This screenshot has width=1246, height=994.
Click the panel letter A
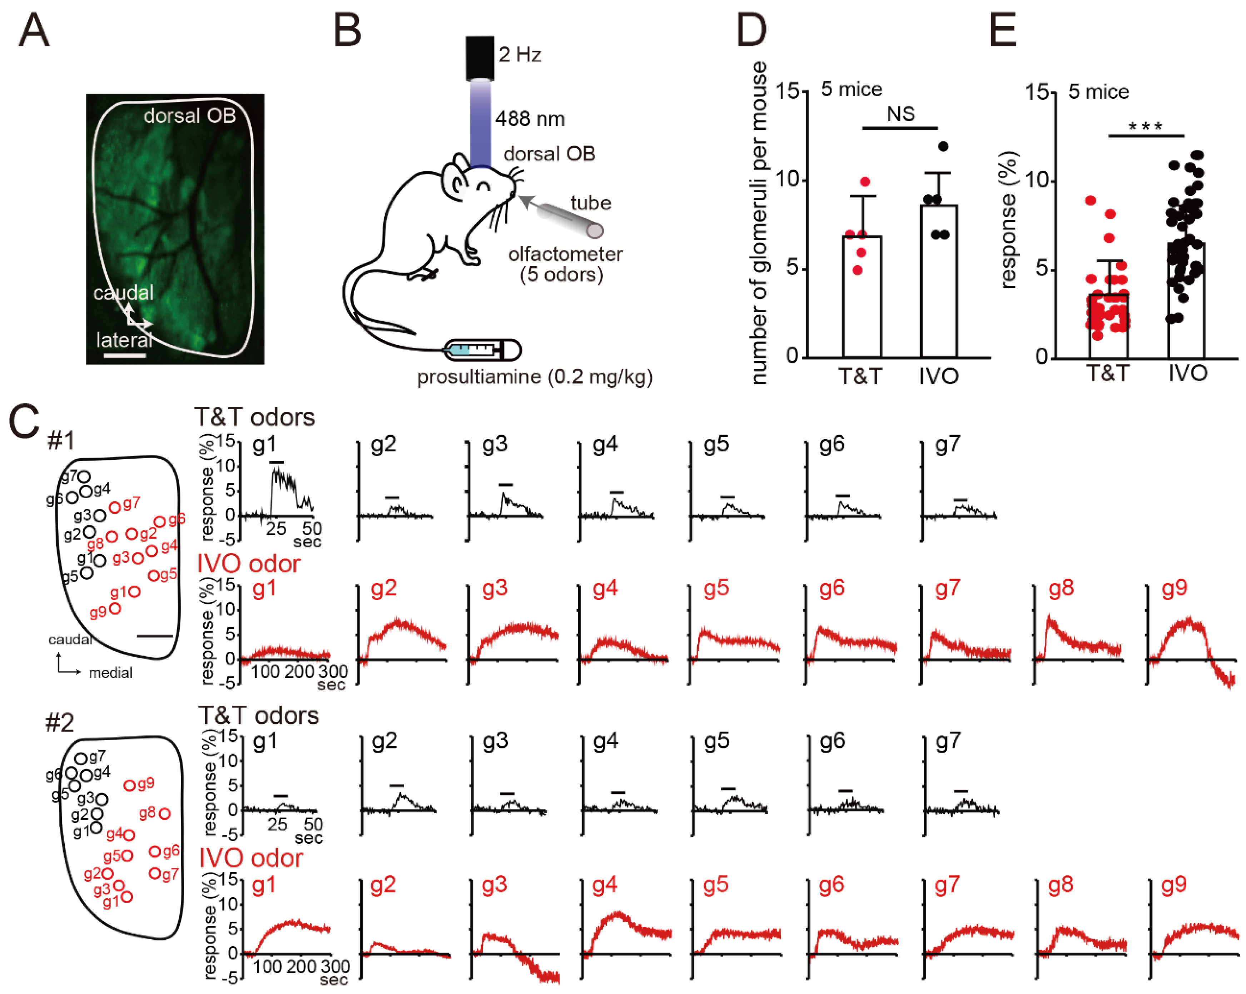[x=34, y=30]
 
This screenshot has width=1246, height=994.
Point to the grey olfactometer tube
[x=569, y=220]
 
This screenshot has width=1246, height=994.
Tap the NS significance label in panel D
[x=900, y=114]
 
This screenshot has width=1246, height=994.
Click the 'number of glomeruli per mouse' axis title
[x=759, y=223]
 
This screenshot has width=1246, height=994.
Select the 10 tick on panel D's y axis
[x=786, y=179]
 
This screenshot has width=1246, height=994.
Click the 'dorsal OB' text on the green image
[x=189, y=116]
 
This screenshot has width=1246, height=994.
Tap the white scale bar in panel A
[x=125, y=355]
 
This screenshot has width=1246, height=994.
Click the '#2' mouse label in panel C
[x=60, y=722]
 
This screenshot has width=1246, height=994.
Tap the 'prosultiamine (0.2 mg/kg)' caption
[x=535, y=377]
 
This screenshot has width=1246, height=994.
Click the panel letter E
[x=1003, y=30]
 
